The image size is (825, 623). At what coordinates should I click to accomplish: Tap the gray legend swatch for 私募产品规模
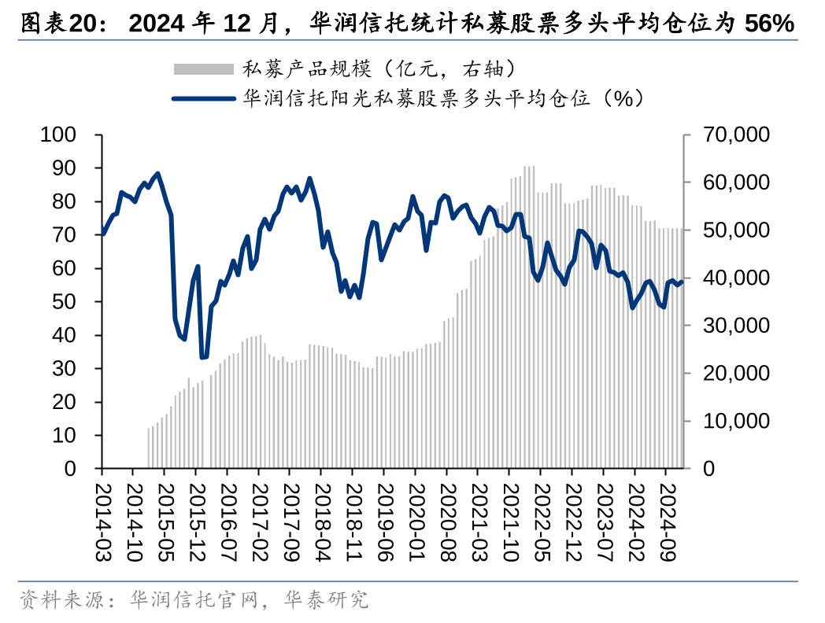pyautogui.click(x=203, y=68)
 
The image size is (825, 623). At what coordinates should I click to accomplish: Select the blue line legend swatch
pyautogui.click(x=203, y=98)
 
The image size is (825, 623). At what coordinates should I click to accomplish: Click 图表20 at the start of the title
pyautogui.click(x=61, y=24)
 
